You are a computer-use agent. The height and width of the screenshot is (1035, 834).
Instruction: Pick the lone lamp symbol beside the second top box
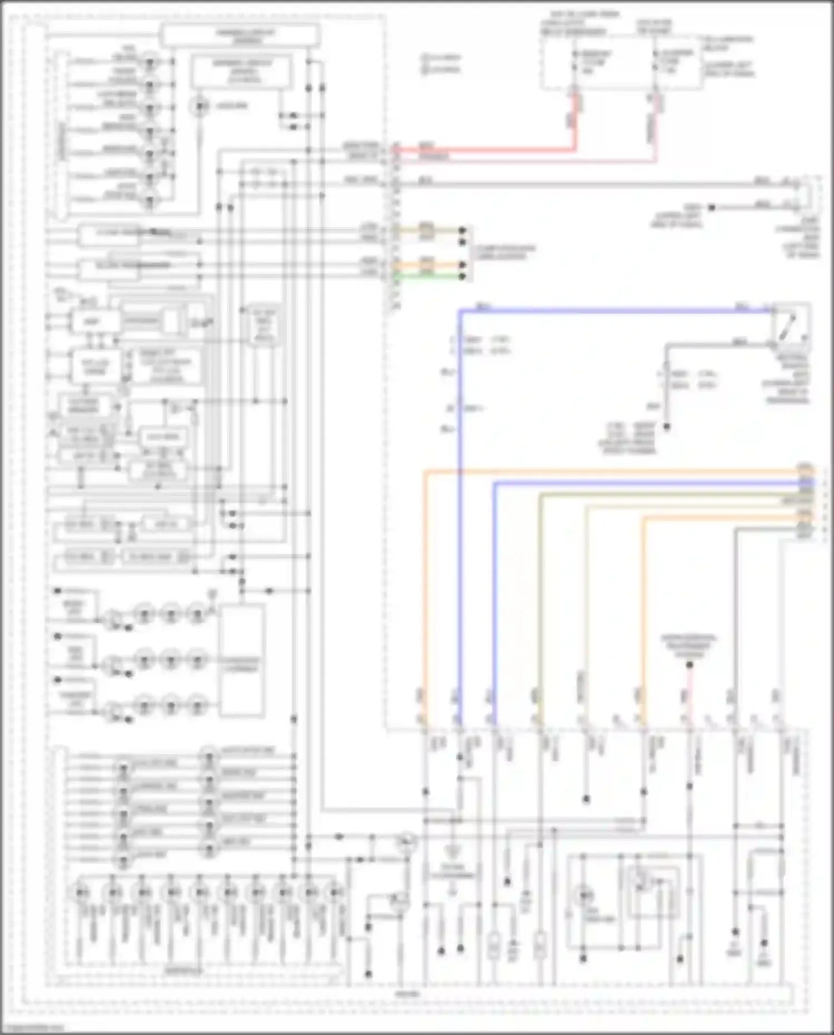pos(199,106)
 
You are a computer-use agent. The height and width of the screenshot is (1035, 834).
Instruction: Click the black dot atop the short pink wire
pos(689,665)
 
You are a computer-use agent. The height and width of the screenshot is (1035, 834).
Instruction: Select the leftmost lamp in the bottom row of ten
pos(82,893)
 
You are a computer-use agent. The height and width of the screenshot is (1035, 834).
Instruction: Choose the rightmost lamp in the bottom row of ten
pos(335,893)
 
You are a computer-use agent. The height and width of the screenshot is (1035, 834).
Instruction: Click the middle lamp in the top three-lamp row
pos(171,613)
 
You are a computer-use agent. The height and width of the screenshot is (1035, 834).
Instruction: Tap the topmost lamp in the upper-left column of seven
pos(150,61)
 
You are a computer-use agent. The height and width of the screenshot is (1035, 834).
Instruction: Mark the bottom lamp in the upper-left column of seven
pos(150,201)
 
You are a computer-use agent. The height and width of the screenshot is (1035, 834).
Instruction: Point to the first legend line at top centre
pos(442,57)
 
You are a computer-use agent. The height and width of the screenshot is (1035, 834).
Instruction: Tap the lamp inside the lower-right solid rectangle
pos(584,895)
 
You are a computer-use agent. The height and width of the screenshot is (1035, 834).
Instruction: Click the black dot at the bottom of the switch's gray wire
pos(667,427)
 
